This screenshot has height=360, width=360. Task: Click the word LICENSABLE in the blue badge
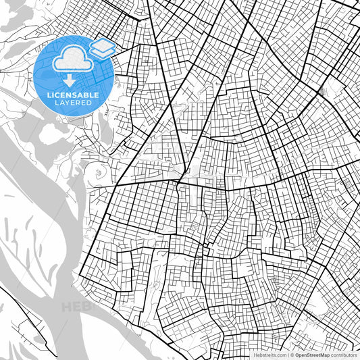pos(73,95)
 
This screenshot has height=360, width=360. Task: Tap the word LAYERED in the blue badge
pos(73,103)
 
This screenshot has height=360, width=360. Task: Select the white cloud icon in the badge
pos(70,59)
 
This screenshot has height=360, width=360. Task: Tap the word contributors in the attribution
pos(344,355)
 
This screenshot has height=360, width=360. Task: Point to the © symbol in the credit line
pos(292,355)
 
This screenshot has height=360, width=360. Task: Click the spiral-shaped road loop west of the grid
pos(99,172)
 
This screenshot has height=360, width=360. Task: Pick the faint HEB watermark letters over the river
pos(74,307)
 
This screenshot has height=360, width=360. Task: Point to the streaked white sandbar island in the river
pos(34,223)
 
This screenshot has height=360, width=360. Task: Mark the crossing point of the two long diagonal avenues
pos(177,181)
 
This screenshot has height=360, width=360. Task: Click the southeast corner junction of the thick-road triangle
pos(177,181)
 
